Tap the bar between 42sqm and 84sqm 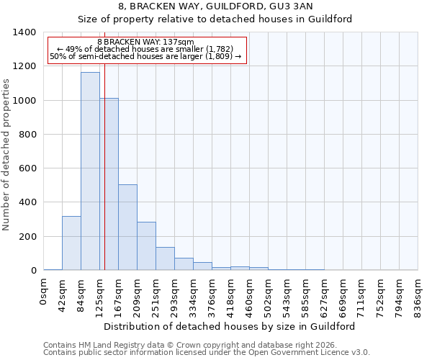[71, 243]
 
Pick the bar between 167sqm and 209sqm [127, 228]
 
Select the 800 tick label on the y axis [27, 135]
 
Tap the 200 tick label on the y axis [27, 237]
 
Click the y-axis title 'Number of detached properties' [7, 152]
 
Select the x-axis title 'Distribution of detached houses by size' [230, 326]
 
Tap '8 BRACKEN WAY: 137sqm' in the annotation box [145, 42]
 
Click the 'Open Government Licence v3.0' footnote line [207, 353]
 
